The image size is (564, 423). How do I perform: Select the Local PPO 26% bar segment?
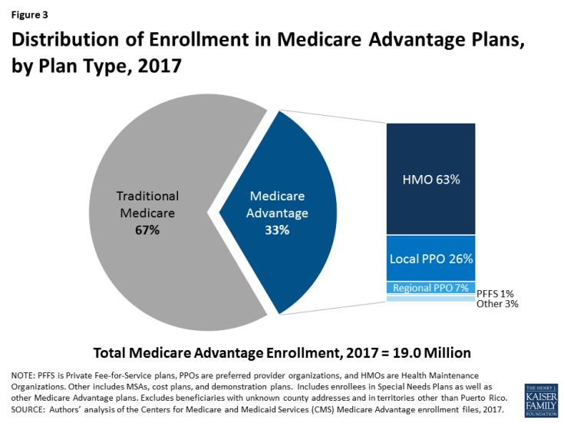[x=430, y=258]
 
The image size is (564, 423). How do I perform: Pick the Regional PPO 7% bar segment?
[x=430, y=288]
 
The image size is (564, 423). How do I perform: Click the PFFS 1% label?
[x=494, y=293]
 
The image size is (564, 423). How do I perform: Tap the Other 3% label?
[x=496, y=304]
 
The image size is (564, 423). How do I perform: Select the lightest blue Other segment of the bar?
[x=430, y=299]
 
